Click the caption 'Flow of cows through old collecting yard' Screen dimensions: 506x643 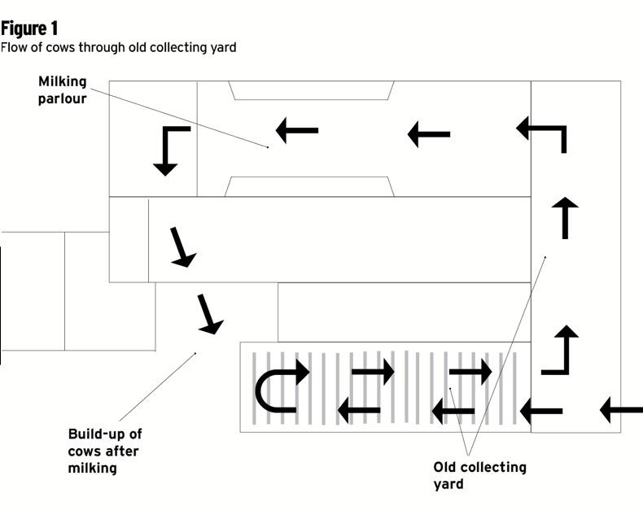point(118,47)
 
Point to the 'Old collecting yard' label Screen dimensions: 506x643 point(479,475)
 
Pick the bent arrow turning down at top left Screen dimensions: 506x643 point(171,150)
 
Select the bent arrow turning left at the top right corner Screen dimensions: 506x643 point(543,133)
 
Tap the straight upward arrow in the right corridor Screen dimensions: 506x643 point(565,216)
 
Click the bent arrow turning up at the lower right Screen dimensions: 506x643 point(561,350)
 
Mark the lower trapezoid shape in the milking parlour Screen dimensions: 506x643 point(309,187)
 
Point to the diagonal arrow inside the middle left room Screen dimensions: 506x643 point(182,247)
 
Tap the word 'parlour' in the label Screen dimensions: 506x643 point(63,99)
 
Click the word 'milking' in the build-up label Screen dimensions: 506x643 point(93,468)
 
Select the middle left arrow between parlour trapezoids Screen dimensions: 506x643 point(428,133)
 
